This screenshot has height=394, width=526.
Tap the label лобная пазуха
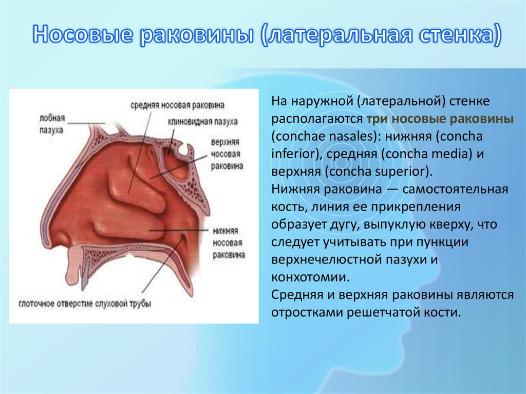pos(51,124)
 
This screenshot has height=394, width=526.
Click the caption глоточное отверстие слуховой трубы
pos(85,304)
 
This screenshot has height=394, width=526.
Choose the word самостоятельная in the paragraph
pos(455,189)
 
